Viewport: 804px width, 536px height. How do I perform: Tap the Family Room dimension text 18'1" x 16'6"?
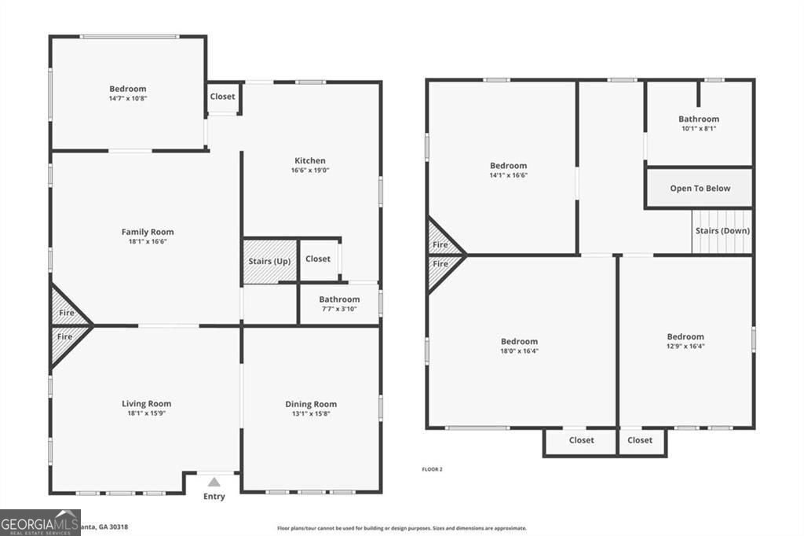[x=148, y=242]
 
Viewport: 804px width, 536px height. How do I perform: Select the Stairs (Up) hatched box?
[x=269, y=261]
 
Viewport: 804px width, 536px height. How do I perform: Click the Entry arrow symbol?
[x=214, y=482]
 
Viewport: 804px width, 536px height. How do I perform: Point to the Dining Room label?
[x=311, y=404]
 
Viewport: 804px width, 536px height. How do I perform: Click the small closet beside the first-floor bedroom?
[x=222, y=97]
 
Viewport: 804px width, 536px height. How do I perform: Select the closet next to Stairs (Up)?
[x=318, y=259]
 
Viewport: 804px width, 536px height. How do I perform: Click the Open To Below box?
[x=700, y=189]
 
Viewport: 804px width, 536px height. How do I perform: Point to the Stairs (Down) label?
[x=722, y=231]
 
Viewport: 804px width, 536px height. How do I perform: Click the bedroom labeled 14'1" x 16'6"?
[x=509, y=170]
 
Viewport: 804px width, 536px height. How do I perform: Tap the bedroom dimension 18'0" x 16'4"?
[x=520, y=351]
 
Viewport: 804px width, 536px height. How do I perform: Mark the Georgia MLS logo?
[x=40, y=523]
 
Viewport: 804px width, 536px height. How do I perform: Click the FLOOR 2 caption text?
[x=432, y=469]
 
